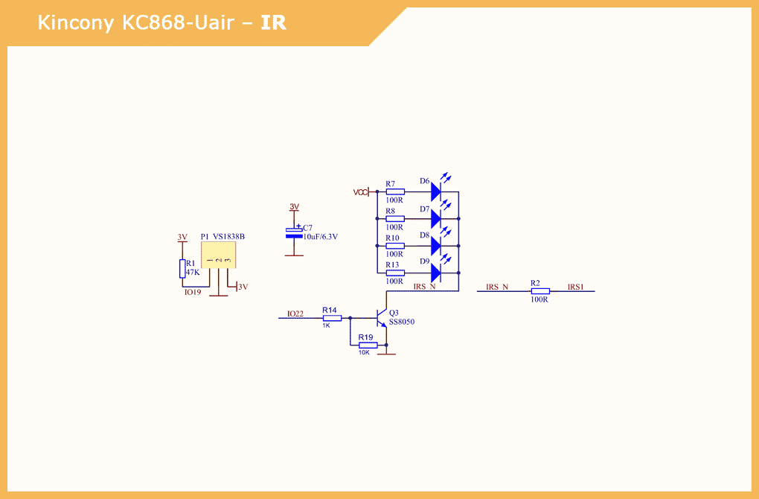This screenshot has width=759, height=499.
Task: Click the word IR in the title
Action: [x=274, y=23]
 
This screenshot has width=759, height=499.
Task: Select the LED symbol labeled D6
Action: [x=437, y=191]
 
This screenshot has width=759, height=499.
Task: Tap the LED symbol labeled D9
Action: [x=437, y=273]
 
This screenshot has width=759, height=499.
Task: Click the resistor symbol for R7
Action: [x=395, y=192]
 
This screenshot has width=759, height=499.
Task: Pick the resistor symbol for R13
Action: [x=395, y=273]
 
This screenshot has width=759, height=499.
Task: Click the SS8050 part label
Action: [x=402, y=322]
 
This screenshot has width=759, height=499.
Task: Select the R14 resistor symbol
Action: [x=332, y=318]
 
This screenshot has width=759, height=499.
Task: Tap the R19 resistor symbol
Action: [x=368, y=346]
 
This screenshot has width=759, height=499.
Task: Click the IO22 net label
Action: [x=295, y=314]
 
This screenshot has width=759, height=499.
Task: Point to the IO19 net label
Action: [x=193, y=293]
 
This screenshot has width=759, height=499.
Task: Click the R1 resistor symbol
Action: [x=182, y=269]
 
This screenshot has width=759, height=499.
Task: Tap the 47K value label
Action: [x=193, y=273]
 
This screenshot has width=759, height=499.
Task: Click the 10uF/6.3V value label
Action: [x=321, y=237]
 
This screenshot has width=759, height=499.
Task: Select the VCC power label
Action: [x=361, y=192]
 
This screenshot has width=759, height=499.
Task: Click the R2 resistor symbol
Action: [x=540, y=291]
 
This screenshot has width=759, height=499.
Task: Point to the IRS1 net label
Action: [x=576, y=287]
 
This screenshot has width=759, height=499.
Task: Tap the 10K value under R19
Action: [x=364, y=352]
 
